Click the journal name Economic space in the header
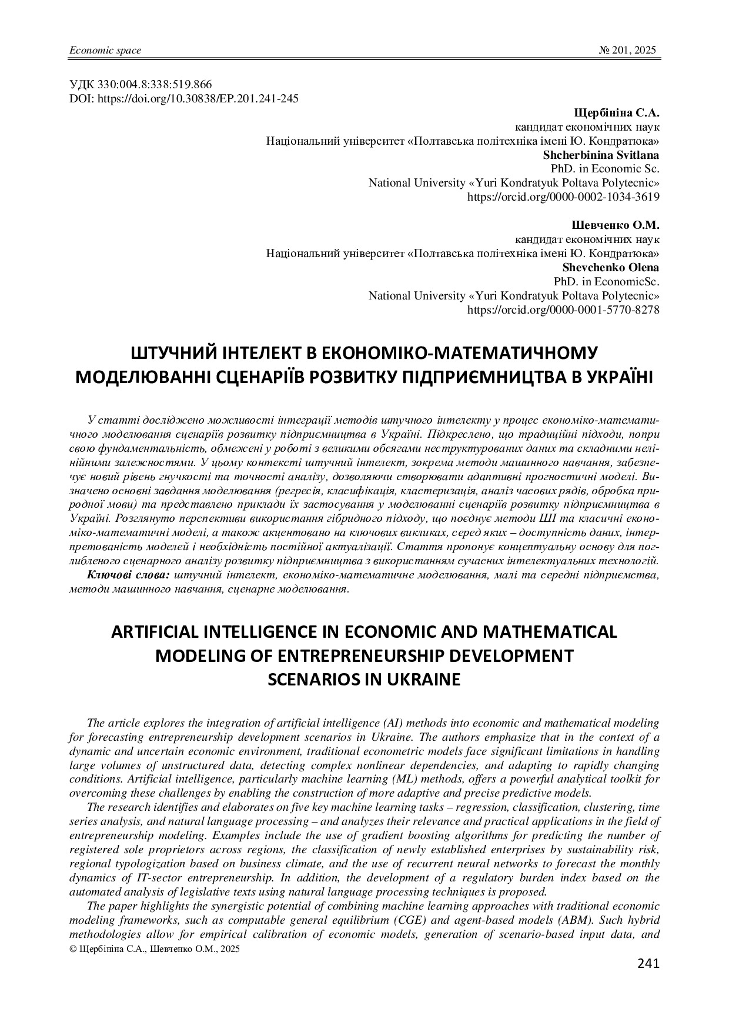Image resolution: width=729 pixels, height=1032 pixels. tap(105, 50)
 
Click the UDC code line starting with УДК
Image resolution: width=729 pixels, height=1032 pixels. tap(141, 84)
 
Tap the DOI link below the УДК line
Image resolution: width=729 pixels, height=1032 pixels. tap(183, 98)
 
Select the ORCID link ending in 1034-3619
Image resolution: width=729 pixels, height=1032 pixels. tap(563, 197)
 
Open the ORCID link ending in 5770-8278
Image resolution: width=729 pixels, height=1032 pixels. tap(563, 310)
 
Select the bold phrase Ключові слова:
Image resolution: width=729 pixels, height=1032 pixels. tap(129, 575)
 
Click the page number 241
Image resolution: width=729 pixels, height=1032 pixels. tap(648, 963)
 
